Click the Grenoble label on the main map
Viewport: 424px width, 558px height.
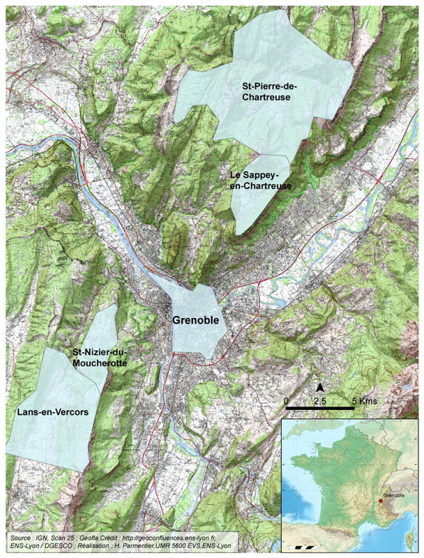tap(196, 320)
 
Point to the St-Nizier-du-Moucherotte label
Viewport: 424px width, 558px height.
tap(100, 359)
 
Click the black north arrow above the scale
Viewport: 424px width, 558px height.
tap(319, 387)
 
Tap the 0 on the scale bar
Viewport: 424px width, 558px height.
tap(286, 401)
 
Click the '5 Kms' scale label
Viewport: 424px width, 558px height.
tap(364, 401)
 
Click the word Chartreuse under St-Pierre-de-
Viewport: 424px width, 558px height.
tap(266, 98)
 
